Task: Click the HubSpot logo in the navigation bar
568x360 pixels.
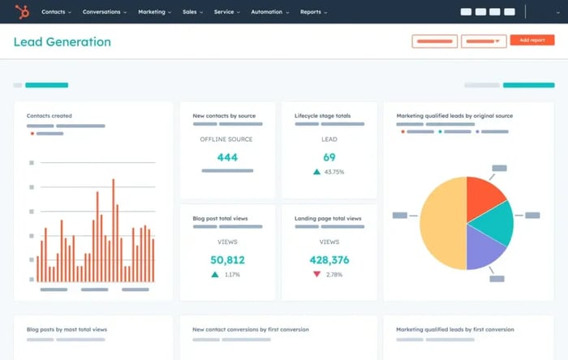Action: (22, 11)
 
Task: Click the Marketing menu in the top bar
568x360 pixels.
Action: (153, 12)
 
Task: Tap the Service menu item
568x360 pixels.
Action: (226, 12)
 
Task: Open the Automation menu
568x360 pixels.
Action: (267, 12)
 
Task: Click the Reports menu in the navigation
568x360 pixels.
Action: (313, 12)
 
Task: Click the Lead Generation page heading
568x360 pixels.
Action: (62, 41)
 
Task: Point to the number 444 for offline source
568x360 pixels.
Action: (227, 157)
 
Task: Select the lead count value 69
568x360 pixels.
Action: (329, 157)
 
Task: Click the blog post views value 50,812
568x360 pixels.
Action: (227, 260)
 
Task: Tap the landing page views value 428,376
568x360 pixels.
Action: (329, 260)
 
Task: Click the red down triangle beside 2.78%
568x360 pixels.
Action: (316, 275)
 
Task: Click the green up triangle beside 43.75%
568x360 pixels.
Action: (316, 172)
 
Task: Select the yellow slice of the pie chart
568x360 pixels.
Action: (442, 223)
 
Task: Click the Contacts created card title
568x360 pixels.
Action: (49, 116)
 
